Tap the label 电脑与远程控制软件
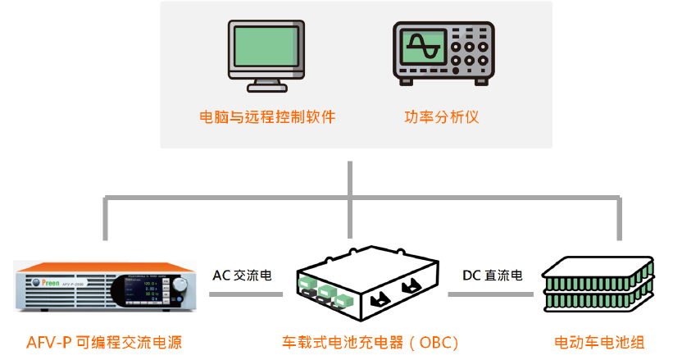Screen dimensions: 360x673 (x=268, y=116)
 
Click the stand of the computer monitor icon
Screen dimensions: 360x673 (x=268, y=82)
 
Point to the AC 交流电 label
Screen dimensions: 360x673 (x=242, y=275)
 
